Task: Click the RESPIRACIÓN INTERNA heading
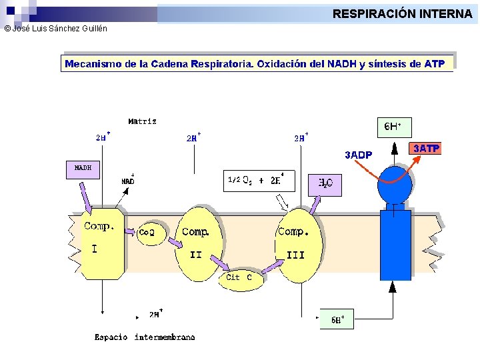(402, 13)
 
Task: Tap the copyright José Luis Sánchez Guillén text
(55, 29)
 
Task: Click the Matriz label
(142, 121)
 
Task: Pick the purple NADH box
(83, 169)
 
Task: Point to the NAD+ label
(128, 181)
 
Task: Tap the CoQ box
(147, 233)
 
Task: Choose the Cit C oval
(239, 278)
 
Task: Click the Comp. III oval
(298, 244)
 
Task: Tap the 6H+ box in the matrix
(394, 127)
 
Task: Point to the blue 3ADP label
(359, 155)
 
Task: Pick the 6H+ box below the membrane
(337, 319)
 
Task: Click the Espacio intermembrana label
(145, 337)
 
